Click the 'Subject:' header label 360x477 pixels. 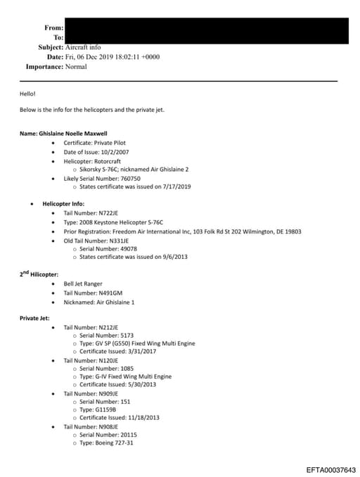click(x=51, y=47)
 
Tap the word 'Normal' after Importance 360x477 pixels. click(x=76, y=67)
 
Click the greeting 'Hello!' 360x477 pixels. click(x=27, y=94)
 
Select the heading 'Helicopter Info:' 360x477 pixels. click(x=63, y=203)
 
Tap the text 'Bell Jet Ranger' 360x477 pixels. click(x=84, y=284)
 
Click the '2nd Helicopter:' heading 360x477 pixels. click(x=39, y=274)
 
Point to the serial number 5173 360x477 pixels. click(x=122, y=336)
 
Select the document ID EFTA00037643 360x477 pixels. click(x=330, y=469)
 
